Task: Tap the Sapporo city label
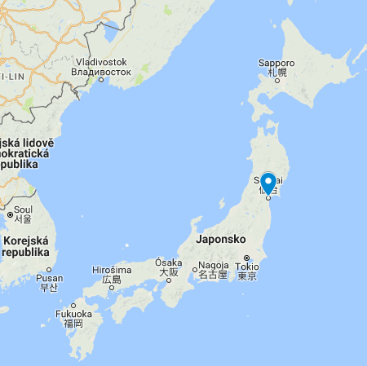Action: tap(276, 63)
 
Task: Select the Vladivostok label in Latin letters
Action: tap(101, 62)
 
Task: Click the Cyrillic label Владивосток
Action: tap(101, 71)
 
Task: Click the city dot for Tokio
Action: tap(246, 257)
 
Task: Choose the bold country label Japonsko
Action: tap(221, 240)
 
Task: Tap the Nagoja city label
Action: tap(214, 266)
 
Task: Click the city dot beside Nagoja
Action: tap(194, 268)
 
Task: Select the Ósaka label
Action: tap(169, 262)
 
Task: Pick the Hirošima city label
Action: tap(112, 270)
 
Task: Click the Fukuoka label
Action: tap(73, 314)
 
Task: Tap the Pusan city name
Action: tap(49, 278)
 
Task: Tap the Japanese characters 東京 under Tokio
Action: tap(246, 276)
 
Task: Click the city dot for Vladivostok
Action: tap(101, 79)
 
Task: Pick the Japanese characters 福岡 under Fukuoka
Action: tap(73, 324)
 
